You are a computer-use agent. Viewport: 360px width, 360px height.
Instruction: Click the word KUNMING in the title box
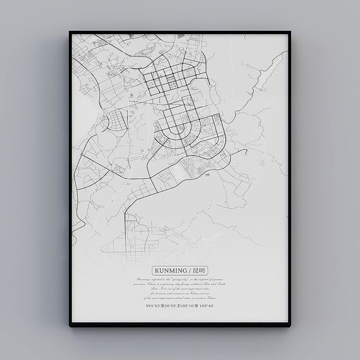click(171, 271)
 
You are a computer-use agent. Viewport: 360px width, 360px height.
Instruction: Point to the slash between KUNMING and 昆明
click(188, 271)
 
